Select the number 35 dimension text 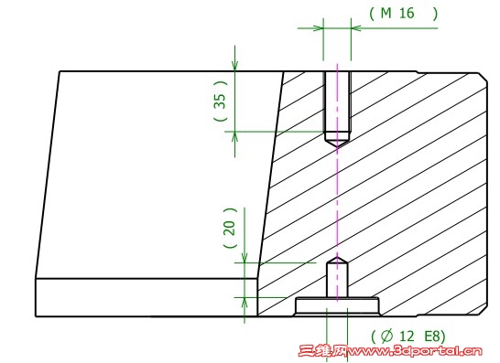coord(220,101)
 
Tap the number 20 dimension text coord(230,228)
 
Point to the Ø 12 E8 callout coord(408,336)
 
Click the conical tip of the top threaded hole coord(337,147)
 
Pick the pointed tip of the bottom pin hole coord(337,258)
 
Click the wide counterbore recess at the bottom coord(337,306)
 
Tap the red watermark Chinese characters coord(322,351)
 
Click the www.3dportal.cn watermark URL coord(415,351)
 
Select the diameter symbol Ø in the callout coord(386,336)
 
